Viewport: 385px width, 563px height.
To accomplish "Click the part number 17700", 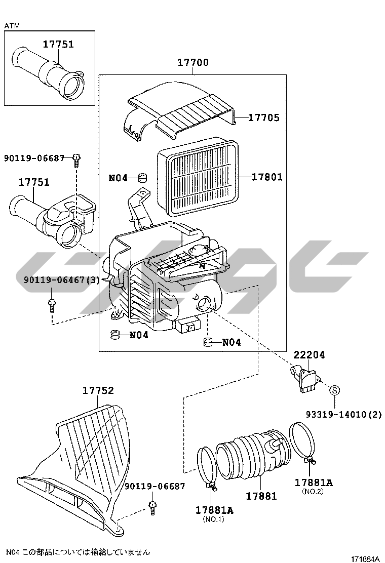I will coord(192,62).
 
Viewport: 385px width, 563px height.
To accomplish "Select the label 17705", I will coord(263,117).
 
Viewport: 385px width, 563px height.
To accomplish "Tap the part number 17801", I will coord(267,177).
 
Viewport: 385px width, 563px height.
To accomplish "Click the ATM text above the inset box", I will coord(12,25).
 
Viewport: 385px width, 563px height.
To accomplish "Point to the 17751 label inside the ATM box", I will coord(58,44).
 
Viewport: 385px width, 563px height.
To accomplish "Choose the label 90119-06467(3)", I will coord(61,279).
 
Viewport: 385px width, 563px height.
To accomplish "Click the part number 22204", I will coord(309,355).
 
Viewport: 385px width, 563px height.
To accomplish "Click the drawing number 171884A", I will coord(364,558).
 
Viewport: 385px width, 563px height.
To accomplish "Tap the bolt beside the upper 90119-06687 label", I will coord(76,160).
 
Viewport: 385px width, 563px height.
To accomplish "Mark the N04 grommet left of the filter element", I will coord(143,177).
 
